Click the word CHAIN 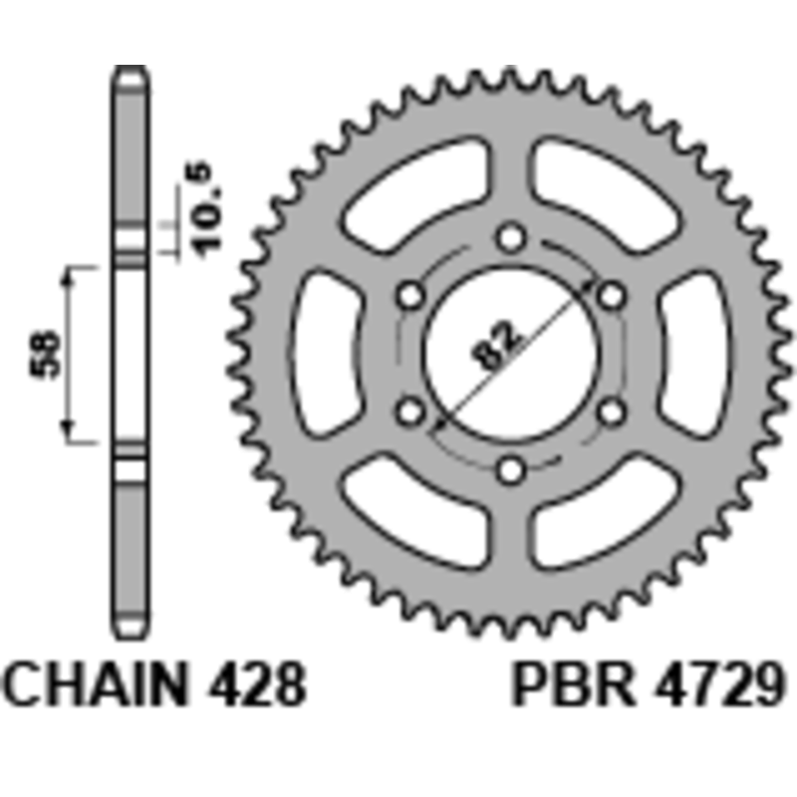(95, 683)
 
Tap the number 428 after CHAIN (257, 683)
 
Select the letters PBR (575, 683)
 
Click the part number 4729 (720, 683)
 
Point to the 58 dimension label (45, 355)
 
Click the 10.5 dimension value (207, 209)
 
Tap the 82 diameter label (495, 344)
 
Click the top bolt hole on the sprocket (510, 237)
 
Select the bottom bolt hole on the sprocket (510, 470)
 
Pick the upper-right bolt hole (611, 295)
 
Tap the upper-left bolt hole (410, 295)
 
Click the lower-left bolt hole (410, 412)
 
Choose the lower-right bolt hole (611, 412)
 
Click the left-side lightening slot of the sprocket (327, 354)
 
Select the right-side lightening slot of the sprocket (694, 354)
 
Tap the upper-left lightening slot (416, 194)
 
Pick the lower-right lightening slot (605, 512)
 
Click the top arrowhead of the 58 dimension (68, 275)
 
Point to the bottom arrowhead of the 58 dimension (68, 432)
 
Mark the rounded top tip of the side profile (131, 68)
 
